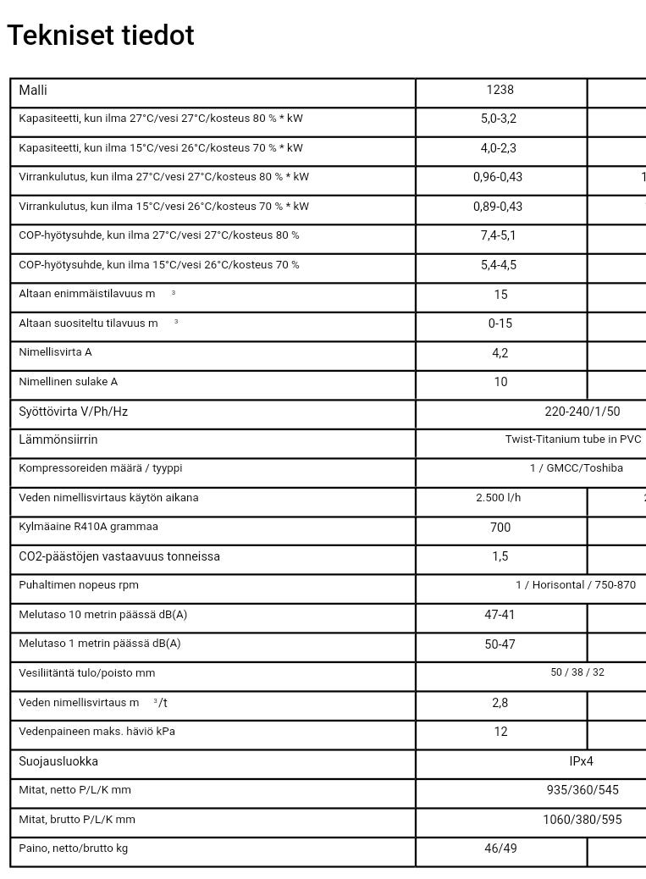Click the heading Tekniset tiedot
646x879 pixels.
pyautogui.click(x=101, y=36)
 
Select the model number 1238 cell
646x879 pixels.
pyautogui.click(x=500, y=90)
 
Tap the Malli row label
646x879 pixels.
pyautogui.click(x=33, y=91)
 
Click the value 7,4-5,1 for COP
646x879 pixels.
pyautogui.click(x=498, y=235)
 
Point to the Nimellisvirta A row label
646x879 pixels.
pyautogui.click(x=55, y=352)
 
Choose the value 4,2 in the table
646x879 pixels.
pyautogui.click(x=500, y=353)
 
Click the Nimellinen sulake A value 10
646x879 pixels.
pyautogui.click(x=500, y=382)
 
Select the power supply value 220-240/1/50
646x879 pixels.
pyautogui.click(x=582, y=412)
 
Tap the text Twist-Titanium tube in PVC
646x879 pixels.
pyautogui.click(x=573, y=439)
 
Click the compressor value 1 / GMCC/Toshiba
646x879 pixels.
pyautogui.click(x=576, y=468)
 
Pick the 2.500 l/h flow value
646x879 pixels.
pyautogui.click(x=498, y=498)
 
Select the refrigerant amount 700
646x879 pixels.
pyautogui.click(x=500, y=528)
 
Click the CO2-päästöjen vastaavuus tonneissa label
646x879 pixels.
pyautogui.click(x=119, y=556)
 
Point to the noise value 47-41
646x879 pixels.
pyautogui.click(x=500, y=615)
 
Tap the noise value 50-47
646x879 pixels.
pyautogui.click(x=500, y=644)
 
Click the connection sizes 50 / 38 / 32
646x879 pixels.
pyautogui.click(x=577, y=672)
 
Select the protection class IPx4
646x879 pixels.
pyautogui.click(x=581, y=761)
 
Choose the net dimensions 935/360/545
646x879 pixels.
pyautogui.click(x=583, y=790)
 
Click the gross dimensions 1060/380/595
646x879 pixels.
pyautogui.click(x=583, y=820)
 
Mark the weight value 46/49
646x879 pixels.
pyautogui.click(x=500, y=849)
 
